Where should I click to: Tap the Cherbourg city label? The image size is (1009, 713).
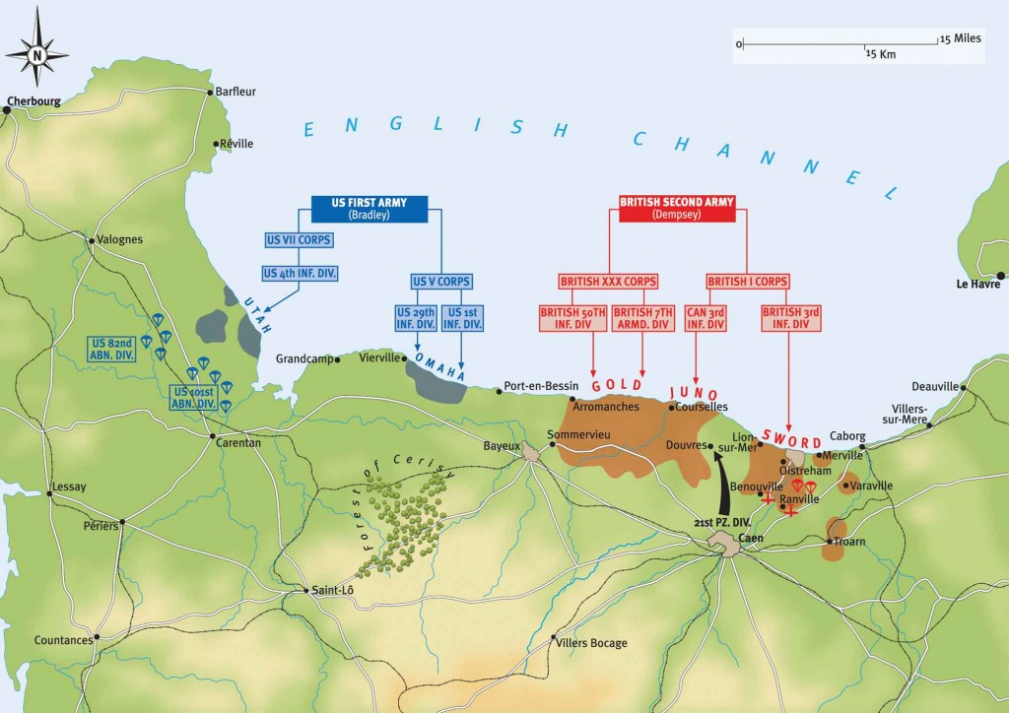[33, 100]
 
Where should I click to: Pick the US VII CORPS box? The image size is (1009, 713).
[300, 239]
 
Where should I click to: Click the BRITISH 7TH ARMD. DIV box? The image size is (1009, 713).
[642, 318]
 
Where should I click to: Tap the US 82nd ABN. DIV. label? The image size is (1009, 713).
[111, 349]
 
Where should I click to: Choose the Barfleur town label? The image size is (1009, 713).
[235, 92]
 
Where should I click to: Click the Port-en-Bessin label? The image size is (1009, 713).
[539, 386]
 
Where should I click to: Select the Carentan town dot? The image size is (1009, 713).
[213, 434]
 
